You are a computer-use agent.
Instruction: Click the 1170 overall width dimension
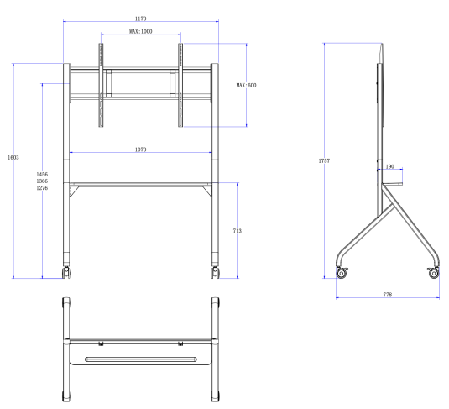(141, 18)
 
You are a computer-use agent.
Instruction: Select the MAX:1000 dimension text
(141, 31)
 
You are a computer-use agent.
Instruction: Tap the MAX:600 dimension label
(246, 85)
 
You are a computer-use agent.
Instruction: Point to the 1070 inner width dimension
(141, 149)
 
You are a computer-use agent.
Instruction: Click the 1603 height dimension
(13, 157)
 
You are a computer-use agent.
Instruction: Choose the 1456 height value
(42, 174)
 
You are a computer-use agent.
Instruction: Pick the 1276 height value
(42, 188)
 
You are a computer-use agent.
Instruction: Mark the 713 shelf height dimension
(238, 231)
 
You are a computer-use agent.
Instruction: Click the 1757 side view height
(324, 160)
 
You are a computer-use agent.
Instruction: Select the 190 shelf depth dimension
(390, 166)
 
